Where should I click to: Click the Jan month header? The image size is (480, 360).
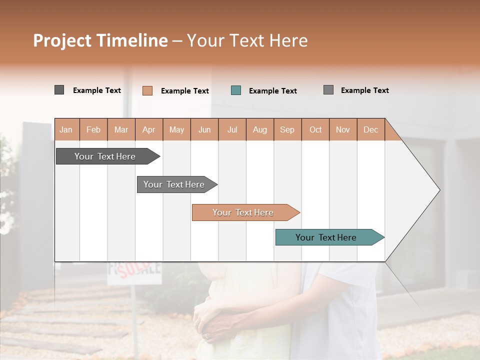(66, 129)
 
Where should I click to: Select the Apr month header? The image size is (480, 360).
(148, 129)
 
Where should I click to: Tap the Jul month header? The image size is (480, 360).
(232, 129)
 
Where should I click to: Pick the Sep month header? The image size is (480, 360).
(287, 129)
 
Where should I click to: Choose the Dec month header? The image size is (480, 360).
(370, 129)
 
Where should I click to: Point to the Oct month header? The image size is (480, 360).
(315, 129)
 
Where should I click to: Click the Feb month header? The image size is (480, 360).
(93, 129)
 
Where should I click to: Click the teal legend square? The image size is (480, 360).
(236, 90)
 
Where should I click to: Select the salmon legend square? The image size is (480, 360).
(147, 90)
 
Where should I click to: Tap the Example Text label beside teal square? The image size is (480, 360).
(272, 91)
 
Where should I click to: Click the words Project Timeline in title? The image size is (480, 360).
(100, 40)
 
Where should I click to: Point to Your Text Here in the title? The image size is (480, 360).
(247, 40)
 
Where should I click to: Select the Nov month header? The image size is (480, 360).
(343, 129)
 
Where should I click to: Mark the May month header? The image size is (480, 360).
(176, 129)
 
